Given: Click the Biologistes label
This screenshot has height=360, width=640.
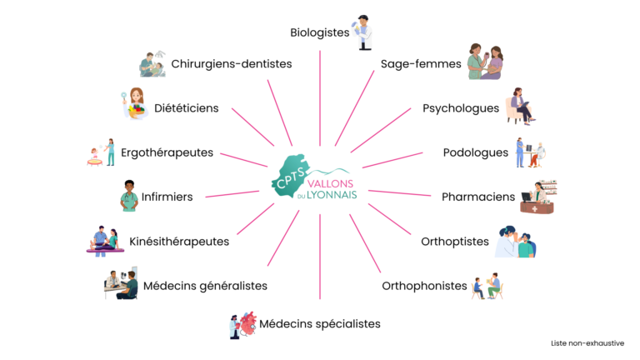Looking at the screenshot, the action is (320, 32).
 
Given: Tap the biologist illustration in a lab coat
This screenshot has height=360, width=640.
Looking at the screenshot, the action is (362, 32).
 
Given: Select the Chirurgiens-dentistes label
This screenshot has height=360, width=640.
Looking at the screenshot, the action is (232, 64).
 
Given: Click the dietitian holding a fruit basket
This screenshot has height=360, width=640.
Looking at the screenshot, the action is (135, 103).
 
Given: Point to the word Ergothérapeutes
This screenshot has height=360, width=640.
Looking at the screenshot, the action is (167, 152).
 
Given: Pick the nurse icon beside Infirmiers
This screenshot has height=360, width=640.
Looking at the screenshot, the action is (129, 196).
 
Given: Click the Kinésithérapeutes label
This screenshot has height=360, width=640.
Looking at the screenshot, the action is (179, 242).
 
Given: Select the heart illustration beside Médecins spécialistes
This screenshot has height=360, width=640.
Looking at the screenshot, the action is (248, 323).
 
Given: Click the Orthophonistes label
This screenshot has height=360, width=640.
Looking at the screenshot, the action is (424, 286).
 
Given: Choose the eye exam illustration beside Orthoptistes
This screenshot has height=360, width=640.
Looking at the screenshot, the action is (516, 242).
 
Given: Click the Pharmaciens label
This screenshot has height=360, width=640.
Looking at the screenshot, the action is (478, 197).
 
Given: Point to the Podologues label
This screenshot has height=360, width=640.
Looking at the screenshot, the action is (476, 153).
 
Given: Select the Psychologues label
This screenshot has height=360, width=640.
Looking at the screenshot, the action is (460, 108).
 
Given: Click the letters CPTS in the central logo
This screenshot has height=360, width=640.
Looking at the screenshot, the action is (290, 178).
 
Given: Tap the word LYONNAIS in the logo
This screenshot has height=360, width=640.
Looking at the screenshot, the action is (332, 195).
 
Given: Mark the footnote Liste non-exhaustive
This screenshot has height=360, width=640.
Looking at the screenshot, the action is (587, 343).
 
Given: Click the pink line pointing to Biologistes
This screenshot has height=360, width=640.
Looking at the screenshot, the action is (320, 98).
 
